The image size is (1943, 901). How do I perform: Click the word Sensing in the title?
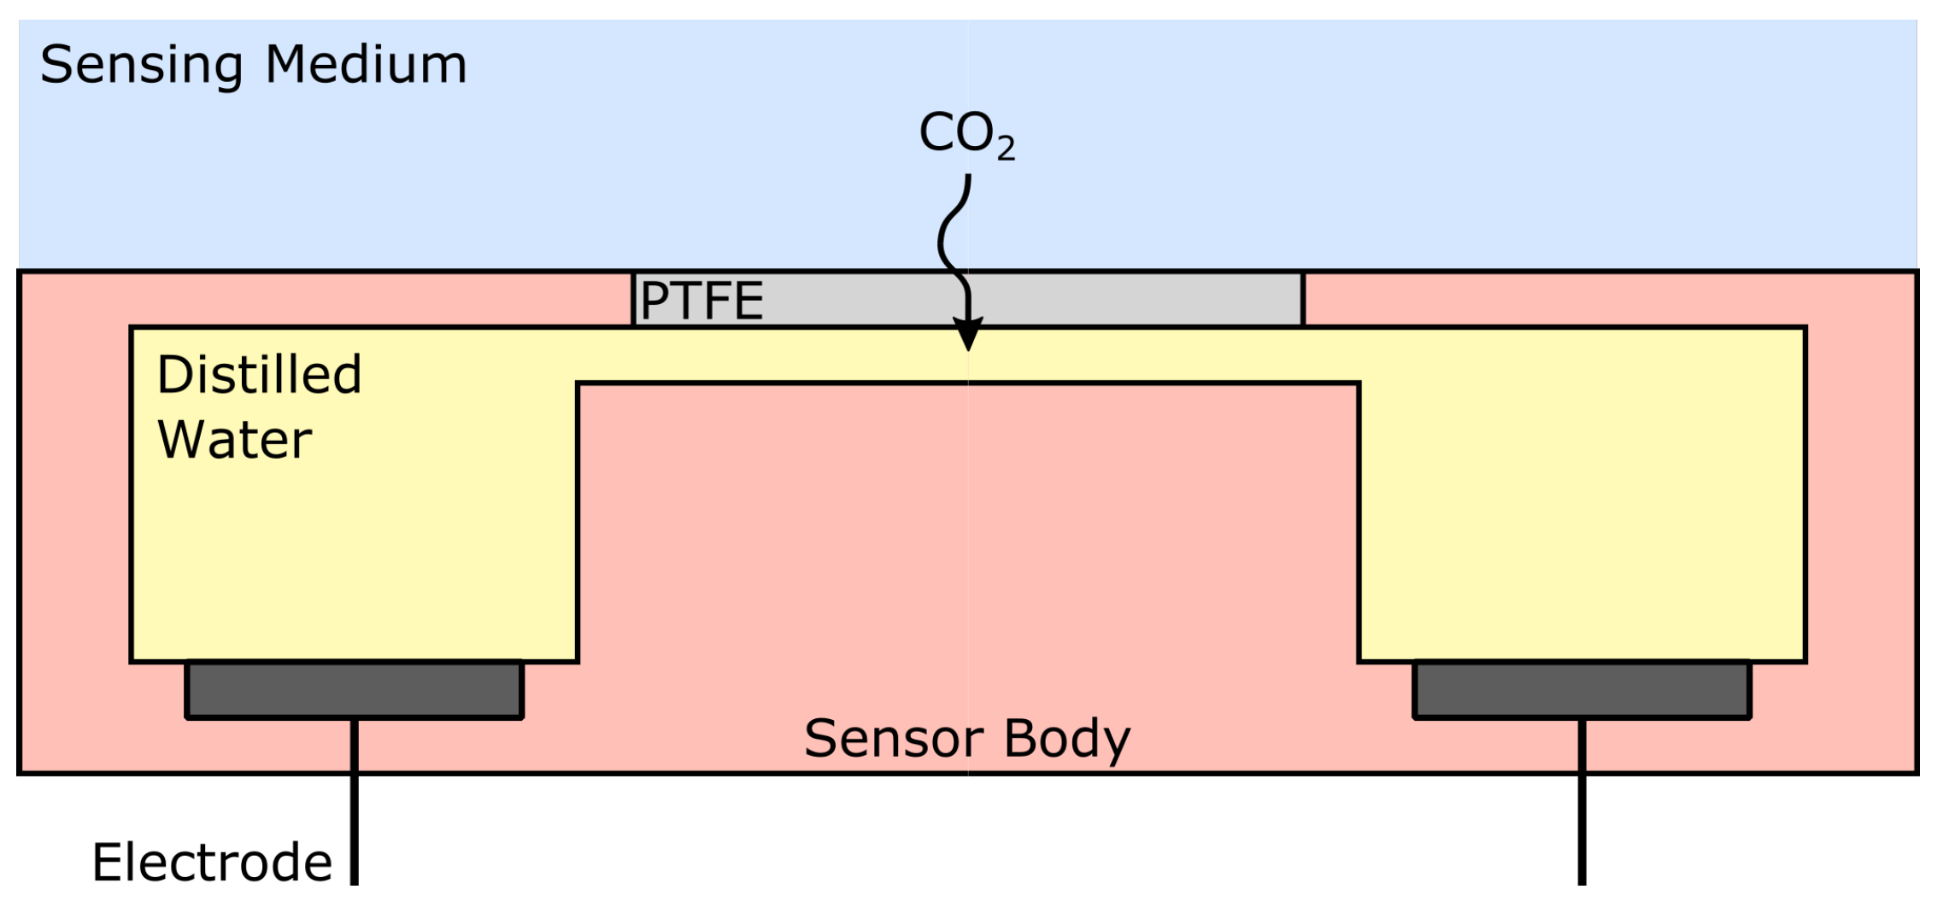click(x=141, y=66)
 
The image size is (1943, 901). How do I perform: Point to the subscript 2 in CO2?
click(x=1006, y=149)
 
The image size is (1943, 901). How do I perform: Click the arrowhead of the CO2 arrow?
click(x=967, y=334)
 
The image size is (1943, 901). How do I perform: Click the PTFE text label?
click(x=701, y=301)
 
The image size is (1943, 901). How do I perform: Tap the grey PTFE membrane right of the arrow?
click(x=1136, y=300)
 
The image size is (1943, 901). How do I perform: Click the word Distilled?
click(x=259, y=375)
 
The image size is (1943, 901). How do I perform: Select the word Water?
click(x=234, y=440)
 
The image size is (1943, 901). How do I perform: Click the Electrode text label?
click(x=212, y=863)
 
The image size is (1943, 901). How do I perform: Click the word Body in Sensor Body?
click(x=1067, y=740)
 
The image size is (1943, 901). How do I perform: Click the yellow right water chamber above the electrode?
click(x=1582, y=512)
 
